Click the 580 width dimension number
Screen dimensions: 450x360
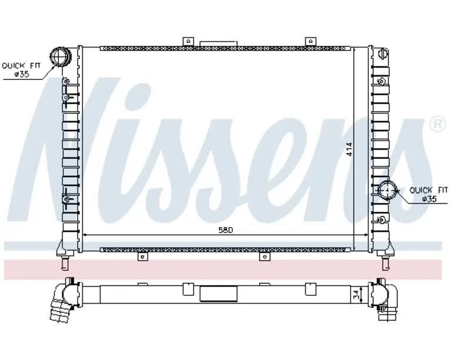pyautogui.click(x=225, y=230)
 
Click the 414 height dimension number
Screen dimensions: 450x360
pyautogui.click(x=349, y=149)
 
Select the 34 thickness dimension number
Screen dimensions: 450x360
pyautogui.click(x=356, y=295)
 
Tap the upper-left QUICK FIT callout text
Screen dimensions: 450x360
pyautogui.click(x=21, y=66)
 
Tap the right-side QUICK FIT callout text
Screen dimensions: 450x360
pyautogui.click(x=428, y=190)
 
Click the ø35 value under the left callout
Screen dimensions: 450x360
pyautogui.click(x=22, y=74)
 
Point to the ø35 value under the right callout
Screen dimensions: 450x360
pyautogui.click(x=429, y=199)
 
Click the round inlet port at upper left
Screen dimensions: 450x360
pyautogui.click(x=60, y=57)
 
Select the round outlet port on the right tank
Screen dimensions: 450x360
pyautogui.click(x=387, y=190)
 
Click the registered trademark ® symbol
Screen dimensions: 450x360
pyautogui.click(x=439, y=124)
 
